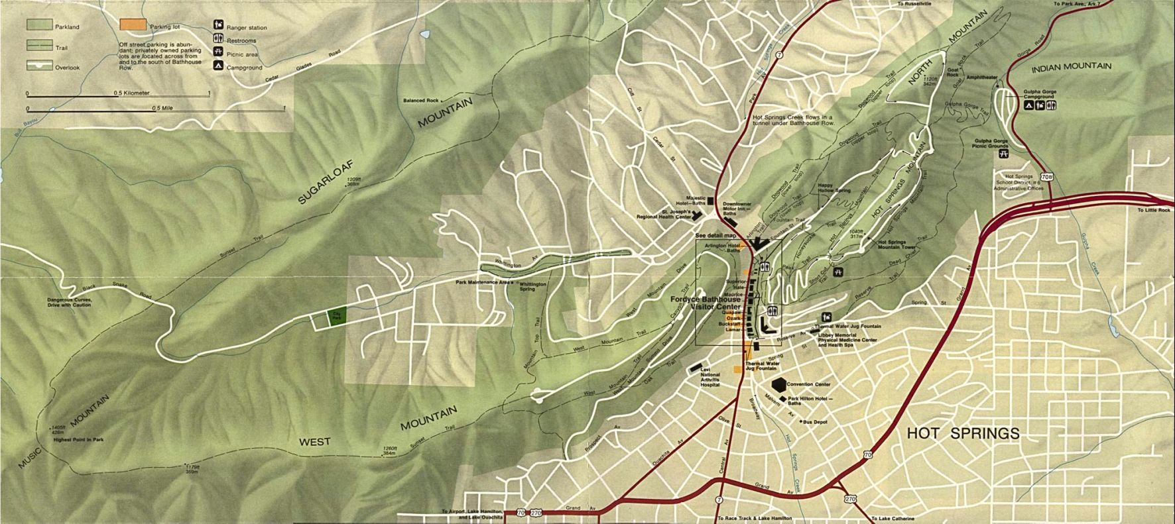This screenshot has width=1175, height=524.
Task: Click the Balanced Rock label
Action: [x=420, y=101]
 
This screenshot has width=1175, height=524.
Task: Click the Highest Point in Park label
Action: [x=79, y=439]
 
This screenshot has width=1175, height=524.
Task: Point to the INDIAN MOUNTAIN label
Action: [x=1072, y=66]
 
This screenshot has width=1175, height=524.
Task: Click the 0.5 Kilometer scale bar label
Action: [x=131, y=93]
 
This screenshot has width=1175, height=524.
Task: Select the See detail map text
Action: [x=715, y=235]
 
